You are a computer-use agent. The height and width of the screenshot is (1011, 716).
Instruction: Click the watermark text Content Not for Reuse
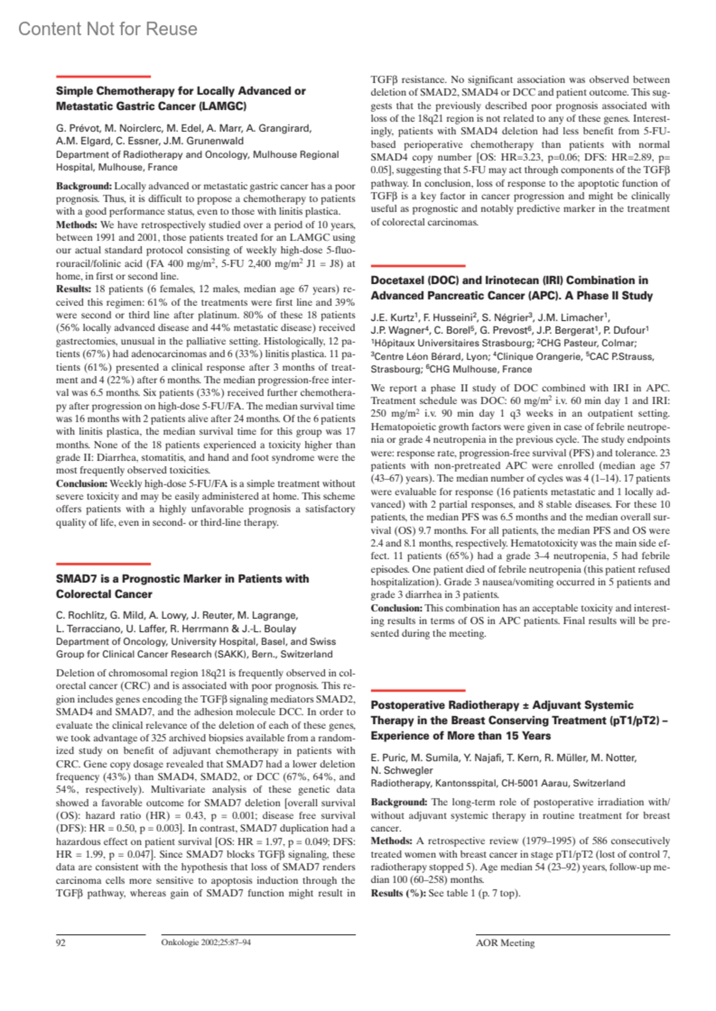(107, 29)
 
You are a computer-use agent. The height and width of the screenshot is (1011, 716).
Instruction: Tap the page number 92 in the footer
(61, 942)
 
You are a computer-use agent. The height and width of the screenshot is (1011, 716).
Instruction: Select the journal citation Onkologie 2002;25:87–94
(206, 942)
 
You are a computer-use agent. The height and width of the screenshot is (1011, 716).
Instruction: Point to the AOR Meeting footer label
(505, 942)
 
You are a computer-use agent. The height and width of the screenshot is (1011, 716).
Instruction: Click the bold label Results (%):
(398, 893)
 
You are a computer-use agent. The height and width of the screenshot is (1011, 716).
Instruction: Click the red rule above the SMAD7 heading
(103, 563)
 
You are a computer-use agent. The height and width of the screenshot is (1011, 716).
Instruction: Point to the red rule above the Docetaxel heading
(418, 265)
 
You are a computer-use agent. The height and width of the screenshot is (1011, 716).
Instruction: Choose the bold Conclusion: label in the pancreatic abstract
(396, 608)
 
